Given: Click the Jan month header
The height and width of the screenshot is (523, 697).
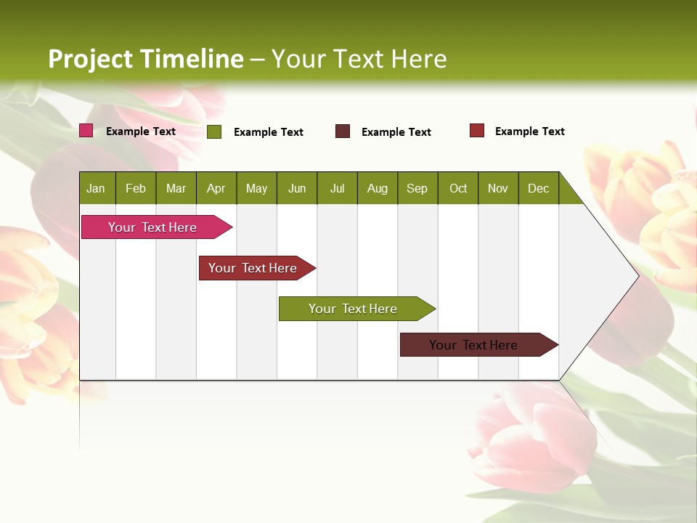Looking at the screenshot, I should [x=97, y=188].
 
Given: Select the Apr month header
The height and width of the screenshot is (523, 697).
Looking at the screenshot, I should [x=216, y=188].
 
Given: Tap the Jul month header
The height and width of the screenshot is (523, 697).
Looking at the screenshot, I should [x=337, y=188].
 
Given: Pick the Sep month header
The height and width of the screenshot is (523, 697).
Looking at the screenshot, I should [x=417, y=188].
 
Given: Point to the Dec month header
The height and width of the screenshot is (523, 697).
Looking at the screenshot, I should [x=538, y=188].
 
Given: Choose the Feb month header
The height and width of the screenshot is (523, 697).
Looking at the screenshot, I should [x=136, y=188].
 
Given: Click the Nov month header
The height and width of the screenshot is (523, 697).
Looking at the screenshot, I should [x=498, y=188].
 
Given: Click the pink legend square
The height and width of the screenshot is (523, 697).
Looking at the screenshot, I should [x=86, y=131].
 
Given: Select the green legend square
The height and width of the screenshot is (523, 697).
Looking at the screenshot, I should [x=214, y=131].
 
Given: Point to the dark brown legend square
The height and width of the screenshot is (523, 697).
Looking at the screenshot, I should [x=343, y=131].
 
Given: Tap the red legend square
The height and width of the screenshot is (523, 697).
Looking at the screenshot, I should [x=476, y=131].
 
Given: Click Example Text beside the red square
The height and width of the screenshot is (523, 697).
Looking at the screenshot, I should [x=529, y=131].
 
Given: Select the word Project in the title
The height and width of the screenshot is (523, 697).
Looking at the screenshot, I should [x=91, y=59].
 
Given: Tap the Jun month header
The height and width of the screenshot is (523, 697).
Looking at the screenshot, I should [x=297, y=188].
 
